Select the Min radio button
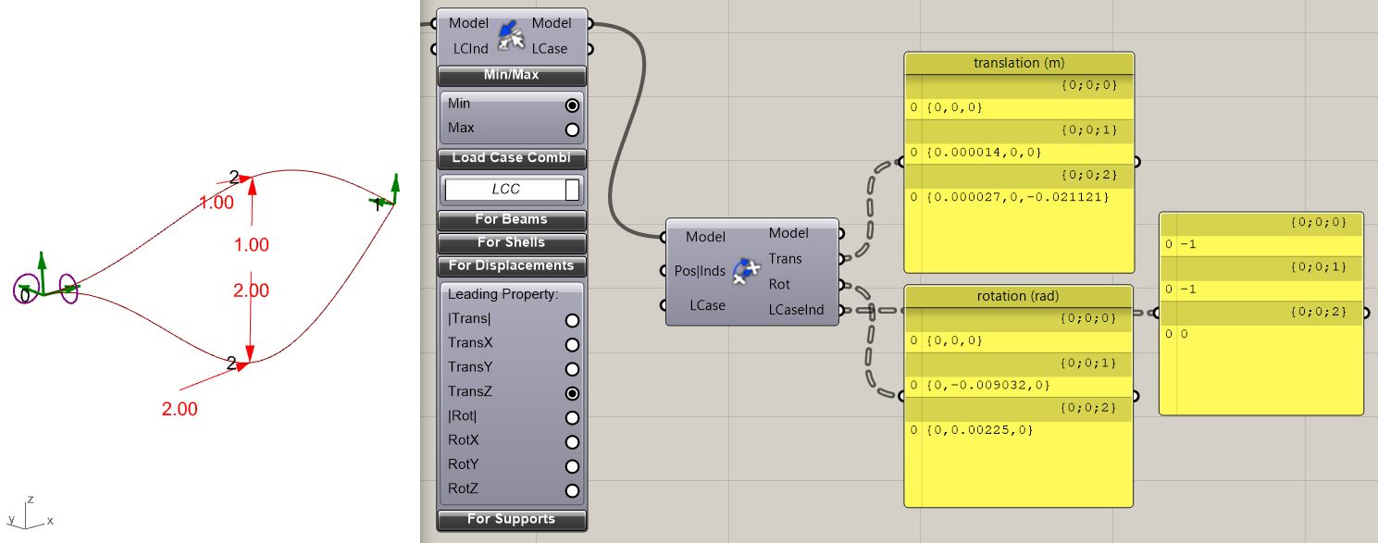[572, 105]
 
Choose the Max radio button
[572, 130]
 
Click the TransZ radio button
[572, 393]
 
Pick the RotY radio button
[572, 466]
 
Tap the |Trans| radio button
[572, 320]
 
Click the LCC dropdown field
[511, 190]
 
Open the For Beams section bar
[511, 219]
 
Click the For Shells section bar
[511, 243]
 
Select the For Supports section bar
[511, 519]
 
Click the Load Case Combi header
[511, 158]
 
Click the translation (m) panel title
[1019, 63]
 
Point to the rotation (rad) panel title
[1017, 296]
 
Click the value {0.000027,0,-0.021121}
[1017, 197]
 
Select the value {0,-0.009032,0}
[988, 385]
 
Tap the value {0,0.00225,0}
[979, 430]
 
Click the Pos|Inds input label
[700, 271]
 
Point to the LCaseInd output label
[796, 309]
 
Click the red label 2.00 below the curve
[180, 409]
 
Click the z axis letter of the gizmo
[31, 500]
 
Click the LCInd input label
[471, 49]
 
